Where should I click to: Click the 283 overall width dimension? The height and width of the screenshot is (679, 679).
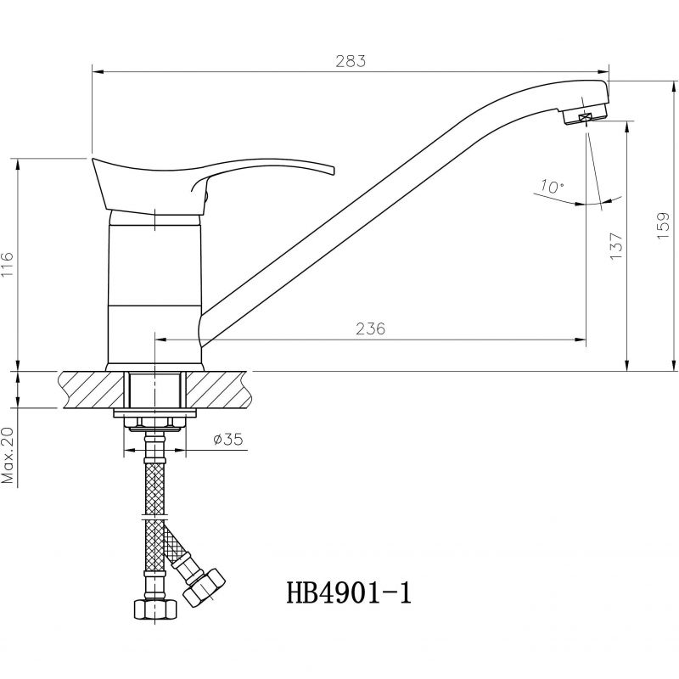(x=351, y=61)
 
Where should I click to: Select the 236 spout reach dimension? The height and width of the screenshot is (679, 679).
(x=370, y=328)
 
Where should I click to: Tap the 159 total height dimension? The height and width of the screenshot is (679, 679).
(x=663, y=225)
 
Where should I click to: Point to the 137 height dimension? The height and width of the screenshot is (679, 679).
(x=616, y=246)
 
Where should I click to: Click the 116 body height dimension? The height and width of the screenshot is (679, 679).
(x=8, y=265)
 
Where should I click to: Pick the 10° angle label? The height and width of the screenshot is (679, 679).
(x=552, y=187)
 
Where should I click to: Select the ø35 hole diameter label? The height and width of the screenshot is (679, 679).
(x=228, y=440)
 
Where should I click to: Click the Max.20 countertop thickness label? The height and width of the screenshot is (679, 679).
(x=8, y=455)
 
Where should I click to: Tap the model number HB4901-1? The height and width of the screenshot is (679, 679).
(x=349, y=592)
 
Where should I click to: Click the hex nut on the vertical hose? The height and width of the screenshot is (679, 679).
(x=155, y=609)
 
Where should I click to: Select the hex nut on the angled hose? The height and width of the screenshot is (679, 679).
(x=204, y=588)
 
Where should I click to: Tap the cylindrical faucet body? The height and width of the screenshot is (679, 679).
(x=154, y=290)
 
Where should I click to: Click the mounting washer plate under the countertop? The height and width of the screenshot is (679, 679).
(x=154, y=413)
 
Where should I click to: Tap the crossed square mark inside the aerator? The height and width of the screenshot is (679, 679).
(x=585, y=117)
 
